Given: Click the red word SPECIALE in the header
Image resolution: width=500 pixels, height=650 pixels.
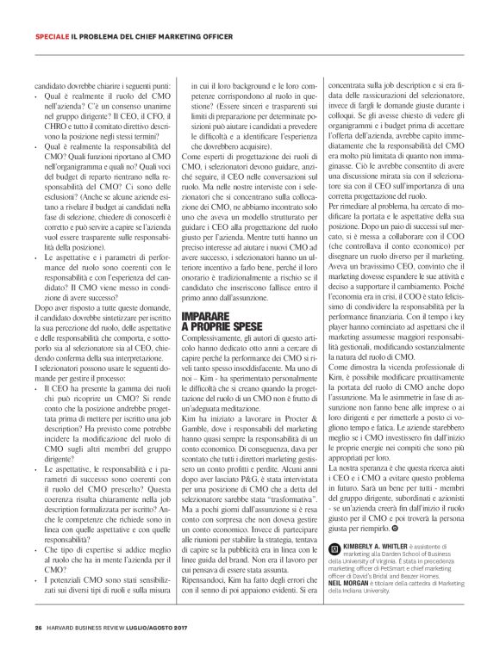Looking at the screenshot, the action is click(x=52, y=38).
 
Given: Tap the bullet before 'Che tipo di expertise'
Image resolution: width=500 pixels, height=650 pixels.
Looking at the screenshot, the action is click(x=38, y=524).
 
